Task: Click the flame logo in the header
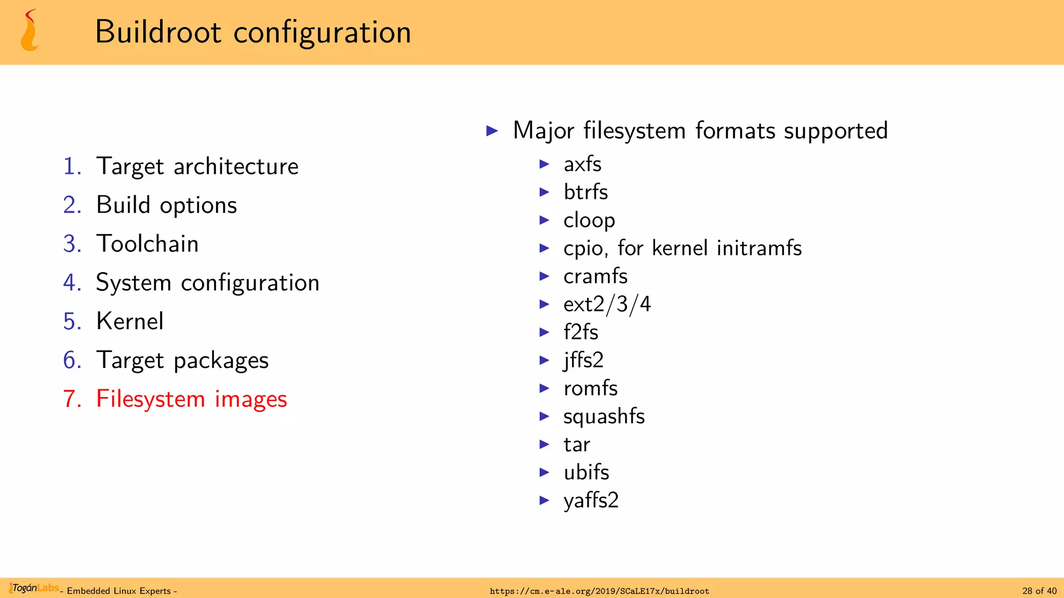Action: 29,31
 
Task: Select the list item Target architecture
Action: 197,167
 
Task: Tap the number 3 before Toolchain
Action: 72,244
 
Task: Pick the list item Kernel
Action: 130,321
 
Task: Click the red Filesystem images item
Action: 191,399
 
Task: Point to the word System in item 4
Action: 134,283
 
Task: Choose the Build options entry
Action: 166,205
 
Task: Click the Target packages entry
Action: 182,360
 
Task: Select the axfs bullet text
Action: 582,164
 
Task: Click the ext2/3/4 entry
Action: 607,304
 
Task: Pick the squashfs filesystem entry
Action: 604,416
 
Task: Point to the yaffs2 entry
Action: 591,500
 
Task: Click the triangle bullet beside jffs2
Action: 544,360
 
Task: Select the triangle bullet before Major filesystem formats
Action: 492,131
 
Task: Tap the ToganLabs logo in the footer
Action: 34,588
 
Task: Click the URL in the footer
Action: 599,591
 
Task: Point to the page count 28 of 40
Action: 1039,591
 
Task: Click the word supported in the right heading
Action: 835,131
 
